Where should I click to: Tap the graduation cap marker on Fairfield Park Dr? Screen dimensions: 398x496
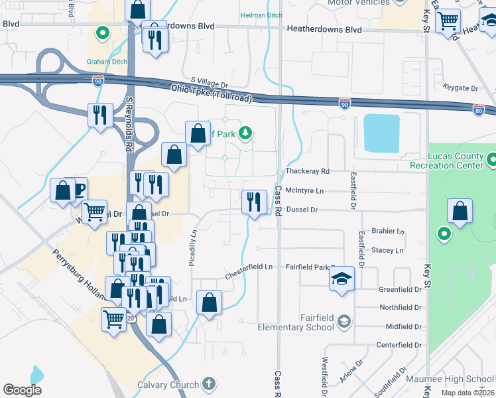[x=342, y=278]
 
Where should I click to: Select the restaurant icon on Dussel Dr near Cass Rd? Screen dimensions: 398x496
[x=253, y=202]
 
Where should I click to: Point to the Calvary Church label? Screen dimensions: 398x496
[x=168, y=385]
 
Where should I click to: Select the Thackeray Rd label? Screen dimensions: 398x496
[x=307, y=171]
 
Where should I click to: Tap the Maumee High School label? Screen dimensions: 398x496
[x=461, y=379]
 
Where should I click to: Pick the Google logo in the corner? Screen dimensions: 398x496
[x=22, y=389]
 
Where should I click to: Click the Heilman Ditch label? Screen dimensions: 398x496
[x=261, y=15]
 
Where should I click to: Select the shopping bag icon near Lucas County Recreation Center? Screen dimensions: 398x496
[x=460, y=212]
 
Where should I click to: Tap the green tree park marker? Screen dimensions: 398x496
[x=245, y=133]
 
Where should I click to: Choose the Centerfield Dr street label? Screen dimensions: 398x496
[x=399, y=345]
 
